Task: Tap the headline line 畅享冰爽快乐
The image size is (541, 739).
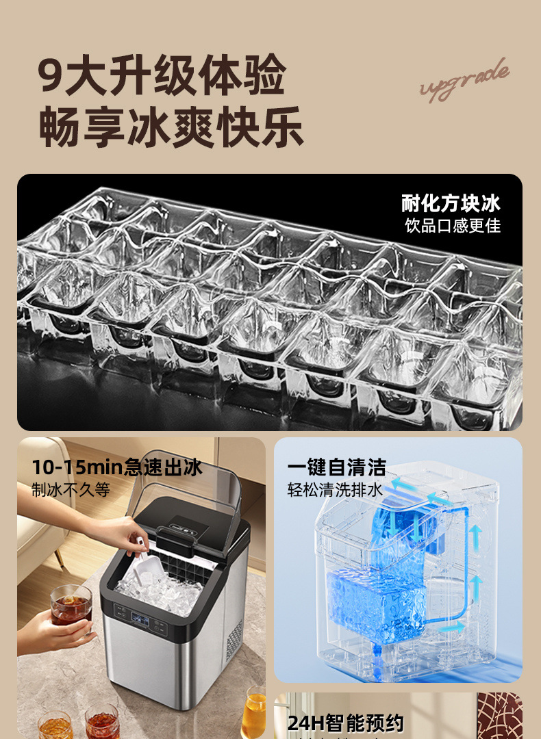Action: [x=171, y=127]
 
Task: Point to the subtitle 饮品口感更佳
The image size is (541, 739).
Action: [x=453, y=225]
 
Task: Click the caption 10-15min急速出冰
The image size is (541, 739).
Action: [x=117, y=467]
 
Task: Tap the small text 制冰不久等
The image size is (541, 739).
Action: [x=71, y=490]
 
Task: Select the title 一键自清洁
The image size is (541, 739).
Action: [x=336, y=467]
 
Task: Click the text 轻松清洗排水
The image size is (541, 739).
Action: [x=335, y=490]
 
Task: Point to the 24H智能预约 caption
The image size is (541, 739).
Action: [x=346, y=723]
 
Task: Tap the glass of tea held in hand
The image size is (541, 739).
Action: [x=71, y=605]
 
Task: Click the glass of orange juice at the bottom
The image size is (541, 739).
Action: [x=253, y=712]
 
